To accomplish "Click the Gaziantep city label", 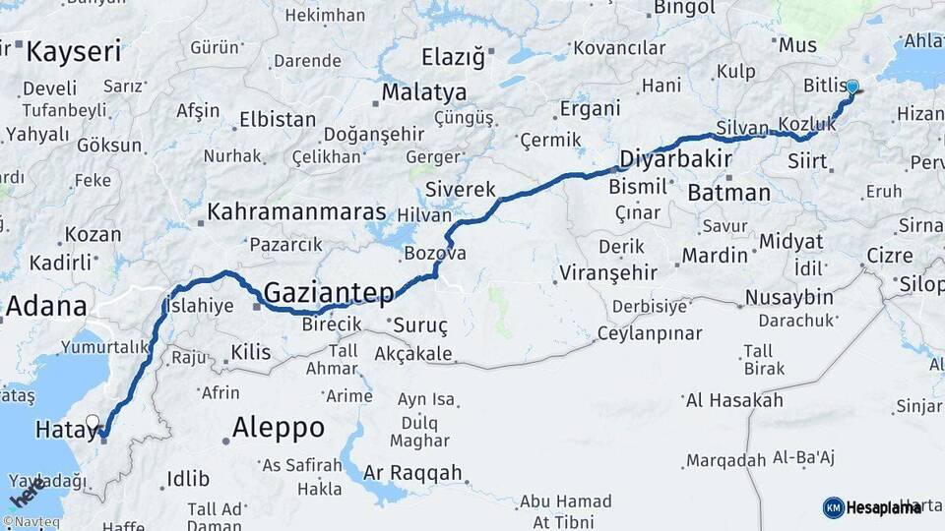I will click(x=329, y=292).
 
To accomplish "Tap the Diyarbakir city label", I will click(x=675, y=159).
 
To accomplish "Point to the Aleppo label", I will click(x=278, y=427).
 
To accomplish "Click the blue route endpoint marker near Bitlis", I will click(x=851, y=88).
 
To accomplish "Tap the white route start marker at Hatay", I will click(x=93, y=423).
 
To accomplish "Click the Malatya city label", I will click(x=424, y=92).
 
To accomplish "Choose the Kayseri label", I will click(x=74, y=51).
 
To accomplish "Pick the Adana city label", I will click(x=45, y=306).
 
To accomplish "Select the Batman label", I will click(x=728, y=192).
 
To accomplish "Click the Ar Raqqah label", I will click(x=412, y=473).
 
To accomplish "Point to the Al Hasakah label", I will click(x=734, y=399).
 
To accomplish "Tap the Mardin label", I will click(x=715, y=256).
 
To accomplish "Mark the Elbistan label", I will click(x=277, y=121).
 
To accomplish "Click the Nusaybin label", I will click(x=788, y=297).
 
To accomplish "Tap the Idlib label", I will click(x=188, y=479).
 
